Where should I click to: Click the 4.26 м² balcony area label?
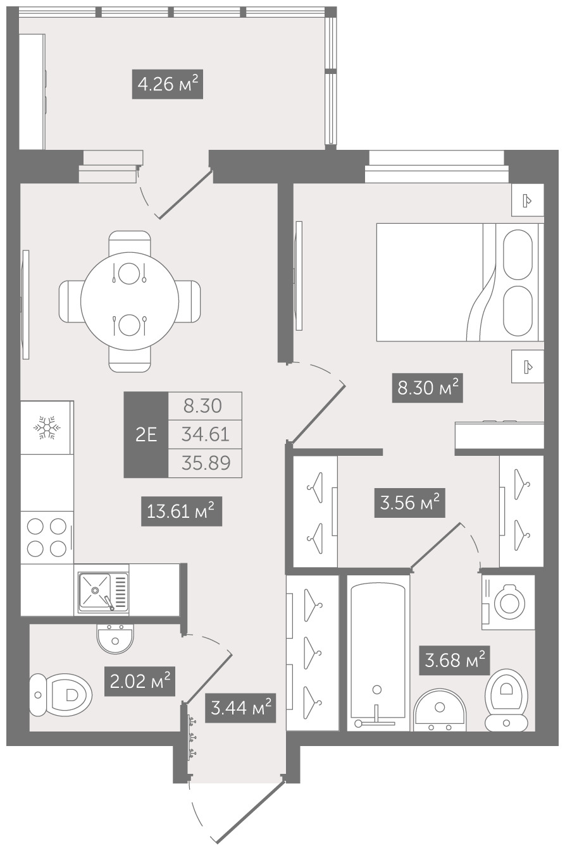pyautogui.click(x=167, y=84)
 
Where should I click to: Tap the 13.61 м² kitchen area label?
pyautogui.click(x=182, y=511)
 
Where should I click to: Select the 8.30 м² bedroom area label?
pyautogui.click(x=427, y=388)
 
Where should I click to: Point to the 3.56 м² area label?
pyautogui.click(x=409, y=503)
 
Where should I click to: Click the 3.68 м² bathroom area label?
pyautogui.click(x=454, y=660)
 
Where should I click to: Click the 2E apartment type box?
pyautogui.click(x=146, y=434)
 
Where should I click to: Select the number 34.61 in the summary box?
pyautogui.click(x=206, y=434)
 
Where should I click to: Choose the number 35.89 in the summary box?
pyautogui.click(x=206, y=463)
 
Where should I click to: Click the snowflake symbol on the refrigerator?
pyautogui.click(x=47, y=427)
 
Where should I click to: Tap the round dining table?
pyautogui.click(x=130, y=302)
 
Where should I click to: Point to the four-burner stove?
pyautogui.click(x=47, y=537)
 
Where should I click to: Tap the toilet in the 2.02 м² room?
pyautogui.click(x=61, y=695)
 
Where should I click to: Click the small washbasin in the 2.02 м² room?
pyautogui.click(x=115, y=639)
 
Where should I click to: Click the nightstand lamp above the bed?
pyautogui.click(x=528, y=200)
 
